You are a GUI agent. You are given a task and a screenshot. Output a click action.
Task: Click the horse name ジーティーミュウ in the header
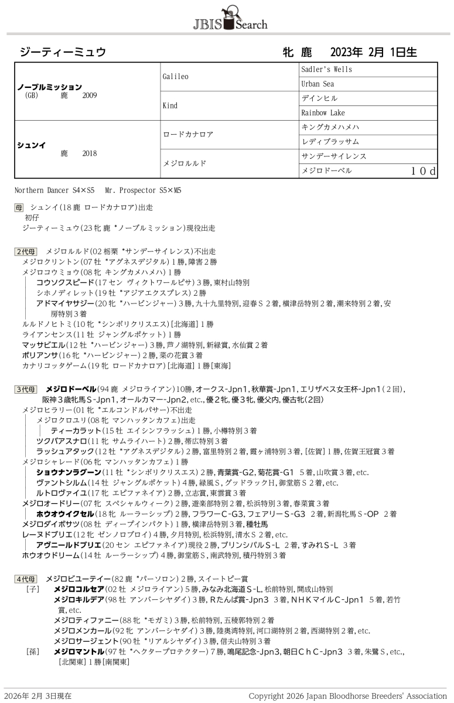63,52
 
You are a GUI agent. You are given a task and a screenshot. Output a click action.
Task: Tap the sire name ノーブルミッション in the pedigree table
50,87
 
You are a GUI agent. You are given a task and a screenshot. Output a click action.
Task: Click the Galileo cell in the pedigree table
175,77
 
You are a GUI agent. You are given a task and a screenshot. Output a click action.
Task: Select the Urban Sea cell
318,84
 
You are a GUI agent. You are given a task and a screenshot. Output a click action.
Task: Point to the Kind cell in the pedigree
169,106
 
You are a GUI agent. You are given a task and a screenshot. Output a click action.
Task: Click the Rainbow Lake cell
323,112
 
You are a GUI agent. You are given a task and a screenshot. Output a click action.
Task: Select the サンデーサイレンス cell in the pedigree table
333,156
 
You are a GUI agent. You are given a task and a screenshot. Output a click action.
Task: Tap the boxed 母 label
19,207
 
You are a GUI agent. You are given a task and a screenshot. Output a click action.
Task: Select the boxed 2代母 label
26,251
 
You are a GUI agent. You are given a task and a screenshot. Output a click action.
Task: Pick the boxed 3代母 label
26,389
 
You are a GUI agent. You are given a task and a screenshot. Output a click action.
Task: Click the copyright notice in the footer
347,696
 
